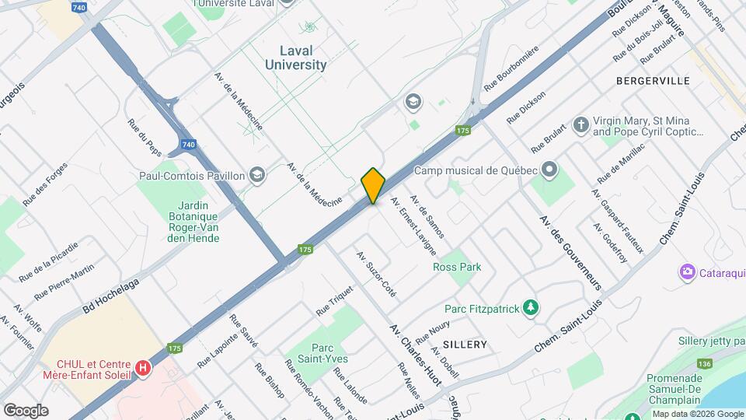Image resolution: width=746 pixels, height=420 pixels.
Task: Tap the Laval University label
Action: point(296,58)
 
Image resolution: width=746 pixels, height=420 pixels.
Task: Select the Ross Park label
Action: point(457,267)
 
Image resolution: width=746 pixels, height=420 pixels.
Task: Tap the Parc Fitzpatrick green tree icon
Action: point(531,308)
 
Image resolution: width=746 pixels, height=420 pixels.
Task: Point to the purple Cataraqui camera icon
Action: point(687,271)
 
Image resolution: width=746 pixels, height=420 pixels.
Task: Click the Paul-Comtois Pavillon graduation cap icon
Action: point(257,176)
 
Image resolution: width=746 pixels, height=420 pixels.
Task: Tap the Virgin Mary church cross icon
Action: point(580,124)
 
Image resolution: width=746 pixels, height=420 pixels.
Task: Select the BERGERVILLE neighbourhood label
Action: point(653,81)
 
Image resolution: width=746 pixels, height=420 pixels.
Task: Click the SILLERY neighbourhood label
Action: point(465,344)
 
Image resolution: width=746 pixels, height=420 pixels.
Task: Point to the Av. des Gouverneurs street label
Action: point(571,252)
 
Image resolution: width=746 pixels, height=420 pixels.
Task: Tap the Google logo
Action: point(26,411)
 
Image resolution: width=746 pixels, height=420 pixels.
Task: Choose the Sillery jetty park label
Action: point(711,341)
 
